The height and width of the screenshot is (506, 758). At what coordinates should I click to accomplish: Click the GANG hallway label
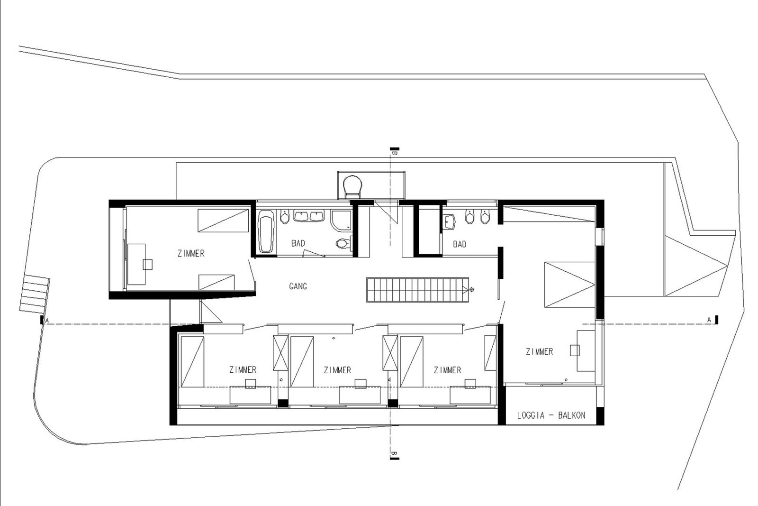(298, 286)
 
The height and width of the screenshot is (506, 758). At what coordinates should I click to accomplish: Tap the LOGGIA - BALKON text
(551, 415)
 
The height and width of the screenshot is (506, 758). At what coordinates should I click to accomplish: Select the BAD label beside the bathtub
(298, 243)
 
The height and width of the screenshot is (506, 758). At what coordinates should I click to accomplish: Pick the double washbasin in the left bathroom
(308, 216)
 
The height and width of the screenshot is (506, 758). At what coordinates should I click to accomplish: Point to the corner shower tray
(341, 221)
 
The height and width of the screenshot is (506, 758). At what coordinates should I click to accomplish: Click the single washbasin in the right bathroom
(449, 222)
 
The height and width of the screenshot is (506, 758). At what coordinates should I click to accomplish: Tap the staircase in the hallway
(417, 289)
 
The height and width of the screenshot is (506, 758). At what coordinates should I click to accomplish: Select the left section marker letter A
(47, 320)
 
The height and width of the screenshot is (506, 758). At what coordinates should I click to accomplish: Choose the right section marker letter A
(709, 320)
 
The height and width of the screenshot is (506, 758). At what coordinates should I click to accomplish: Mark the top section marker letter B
(394, 153)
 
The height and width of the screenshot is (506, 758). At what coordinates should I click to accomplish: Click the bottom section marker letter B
(394, 453)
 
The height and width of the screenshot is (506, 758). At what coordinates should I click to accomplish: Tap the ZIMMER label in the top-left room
(191, 253)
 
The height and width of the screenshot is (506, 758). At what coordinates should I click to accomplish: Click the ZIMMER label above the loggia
(540, 351)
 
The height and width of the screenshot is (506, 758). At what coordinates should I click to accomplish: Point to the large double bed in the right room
(569, 285)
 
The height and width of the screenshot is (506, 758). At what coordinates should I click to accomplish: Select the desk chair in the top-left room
(147, 265)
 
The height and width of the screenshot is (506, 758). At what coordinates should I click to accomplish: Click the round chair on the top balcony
(352, 186)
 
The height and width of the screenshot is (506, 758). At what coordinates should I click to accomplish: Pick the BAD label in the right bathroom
(460, 244)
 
